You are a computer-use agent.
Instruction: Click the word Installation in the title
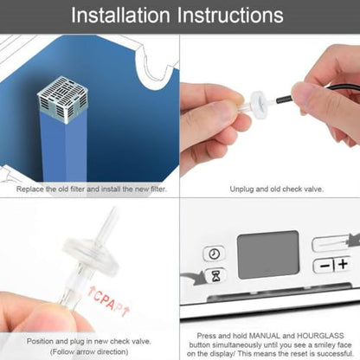click(120, 16)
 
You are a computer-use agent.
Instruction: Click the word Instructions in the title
click(230, 16)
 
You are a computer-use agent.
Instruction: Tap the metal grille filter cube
click(62, 100)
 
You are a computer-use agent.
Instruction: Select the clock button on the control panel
click(214, 254)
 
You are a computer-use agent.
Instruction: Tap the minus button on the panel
click(324, 265)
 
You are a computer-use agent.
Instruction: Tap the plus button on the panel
click(343, 264)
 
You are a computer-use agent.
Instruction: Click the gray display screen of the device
click(267, 254)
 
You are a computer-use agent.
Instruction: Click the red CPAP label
click(108, 301)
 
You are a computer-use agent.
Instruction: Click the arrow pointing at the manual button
click(354, 240)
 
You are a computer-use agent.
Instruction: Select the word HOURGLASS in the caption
click(320, 336)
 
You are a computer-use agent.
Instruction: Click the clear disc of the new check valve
click(91, 257)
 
